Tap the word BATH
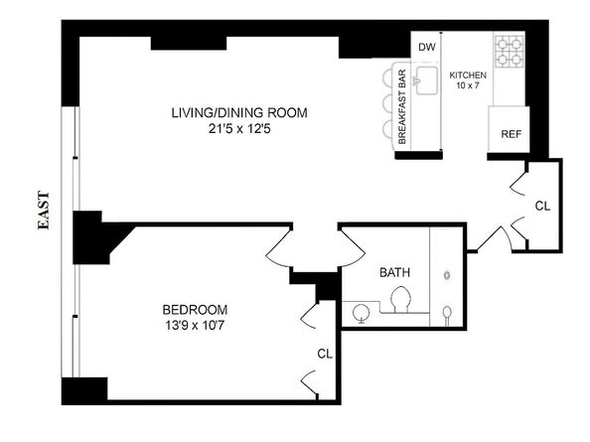pyautogui.click(x=394, y=273)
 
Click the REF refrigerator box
pyautogui.click(x=511, y=134)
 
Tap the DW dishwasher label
pyautogui.click(x=426, y=48)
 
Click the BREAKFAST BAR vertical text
pyautogui.click(x=402, y=107)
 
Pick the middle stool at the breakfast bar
pyautogui.click(x=386, y=106)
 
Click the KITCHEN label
pyautogui.click(x=467, y=75)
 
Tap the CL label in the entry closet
pyautogui.click(x=541, y=207)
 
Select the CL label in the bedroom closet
pyautogui.click(x=325, y=353)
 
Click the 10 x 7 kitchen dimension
pyautogui.click(x=467, y=88)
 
